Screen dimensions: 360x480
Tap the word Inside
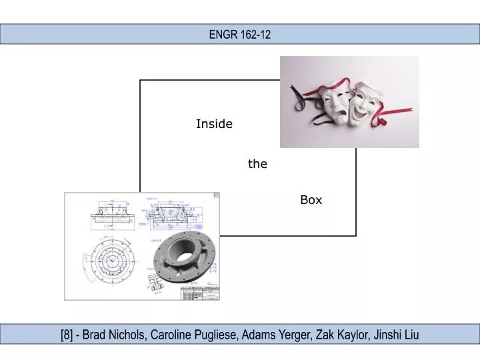pyautogui.click(x=214, y=124)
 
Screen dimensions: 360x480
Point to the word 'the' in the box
pyautogui.click(x=257, y=164)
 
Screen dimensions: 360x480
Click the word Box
pyautogui.click(x=311, y=200)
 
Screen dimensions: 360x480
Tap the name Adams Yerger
pyautogui.click(x=275, y=335)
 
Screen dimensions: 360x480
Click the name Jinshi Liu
pyautogui.click(x=397, y=335)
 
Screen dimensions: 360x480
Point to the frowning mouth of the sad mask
pyautogui.click(x=335, y=116)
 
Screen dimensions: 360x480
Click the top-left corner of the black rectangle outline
pyautogui.click(x=140, y=80)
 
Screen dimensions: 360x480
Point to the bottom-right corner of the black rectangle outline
pyautogui.click(x=356, y=235)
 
